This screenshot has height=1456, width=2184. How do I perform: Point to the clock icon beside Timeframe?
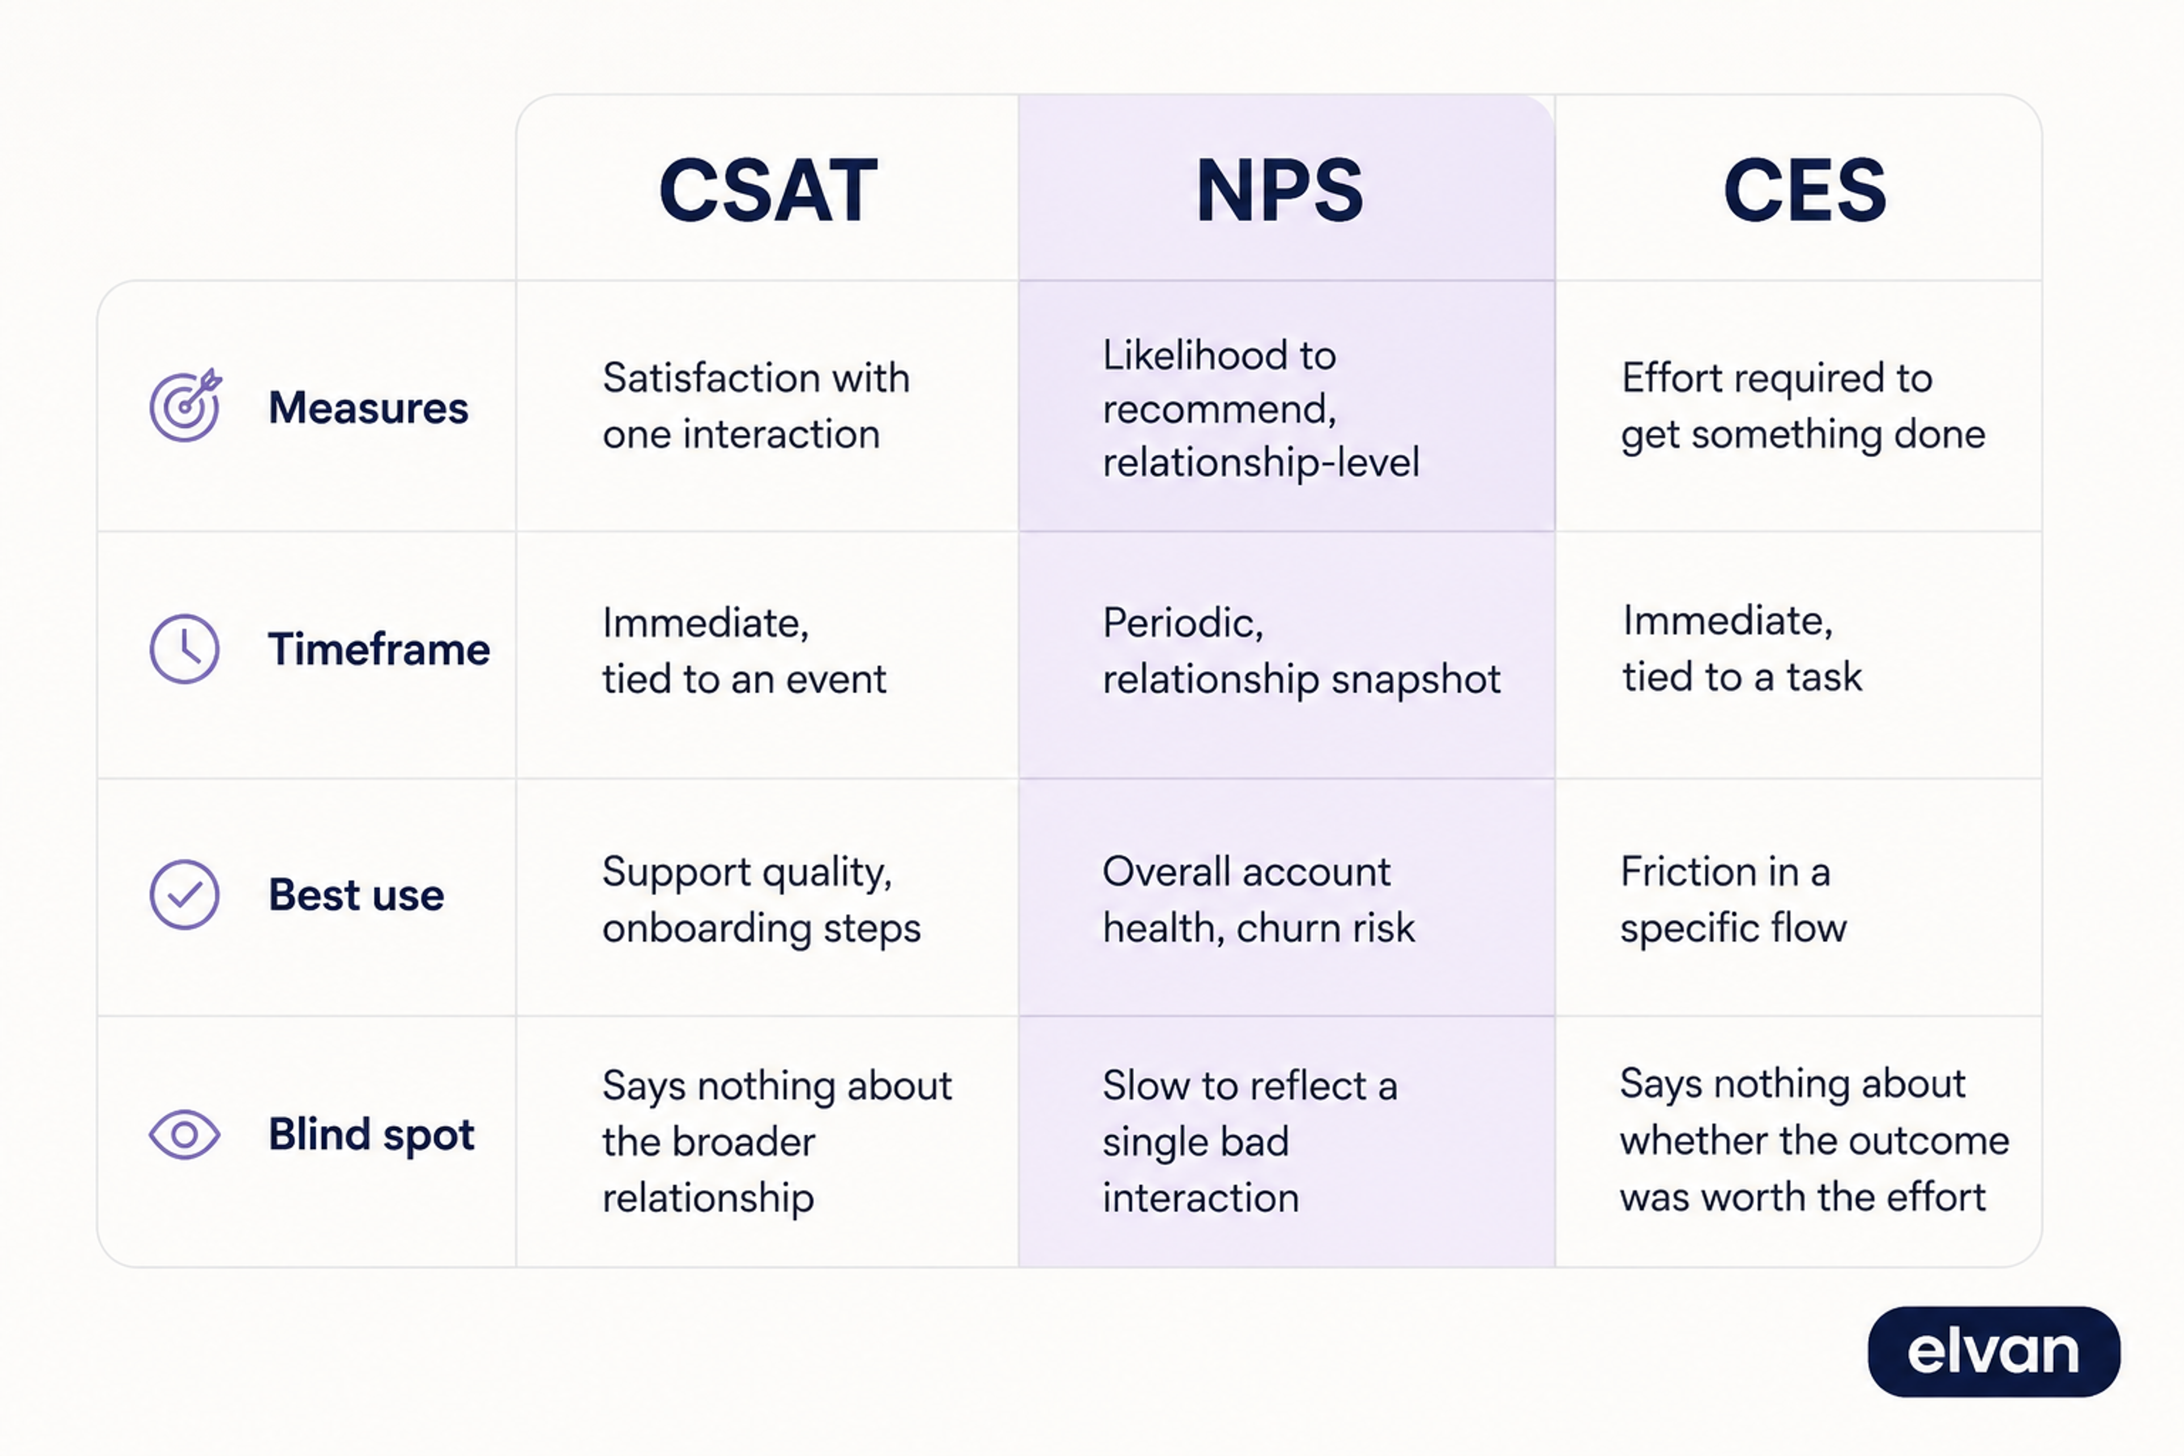[x=185, y=648]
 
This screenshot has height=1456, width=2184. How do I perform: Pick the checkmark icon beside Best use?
[x=185, y=894]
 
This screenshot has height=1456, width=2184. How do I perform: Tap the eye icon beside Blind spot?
[x=185, y=1134]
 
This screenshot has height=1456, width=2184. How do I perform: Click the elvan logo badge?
[x=1993, y=1351]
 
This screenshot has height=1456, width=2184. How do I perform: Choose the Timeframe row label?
[x=379, y=648]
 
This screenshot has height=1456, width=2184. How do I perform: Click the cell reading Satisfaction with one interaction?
[x=756, y=406]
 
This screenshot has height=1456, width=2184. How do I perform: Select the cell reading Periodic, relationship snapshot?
[x=1301, y=650]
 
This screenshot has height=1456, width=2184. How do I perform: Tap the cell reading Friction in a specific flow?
[x=1734, y=899]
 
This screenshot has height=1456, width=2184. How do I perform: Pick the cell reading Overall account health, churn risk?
[x=1258, y=899]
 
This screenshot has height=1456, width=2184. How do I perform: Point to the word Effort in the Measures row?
[x=1670, y=377]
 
